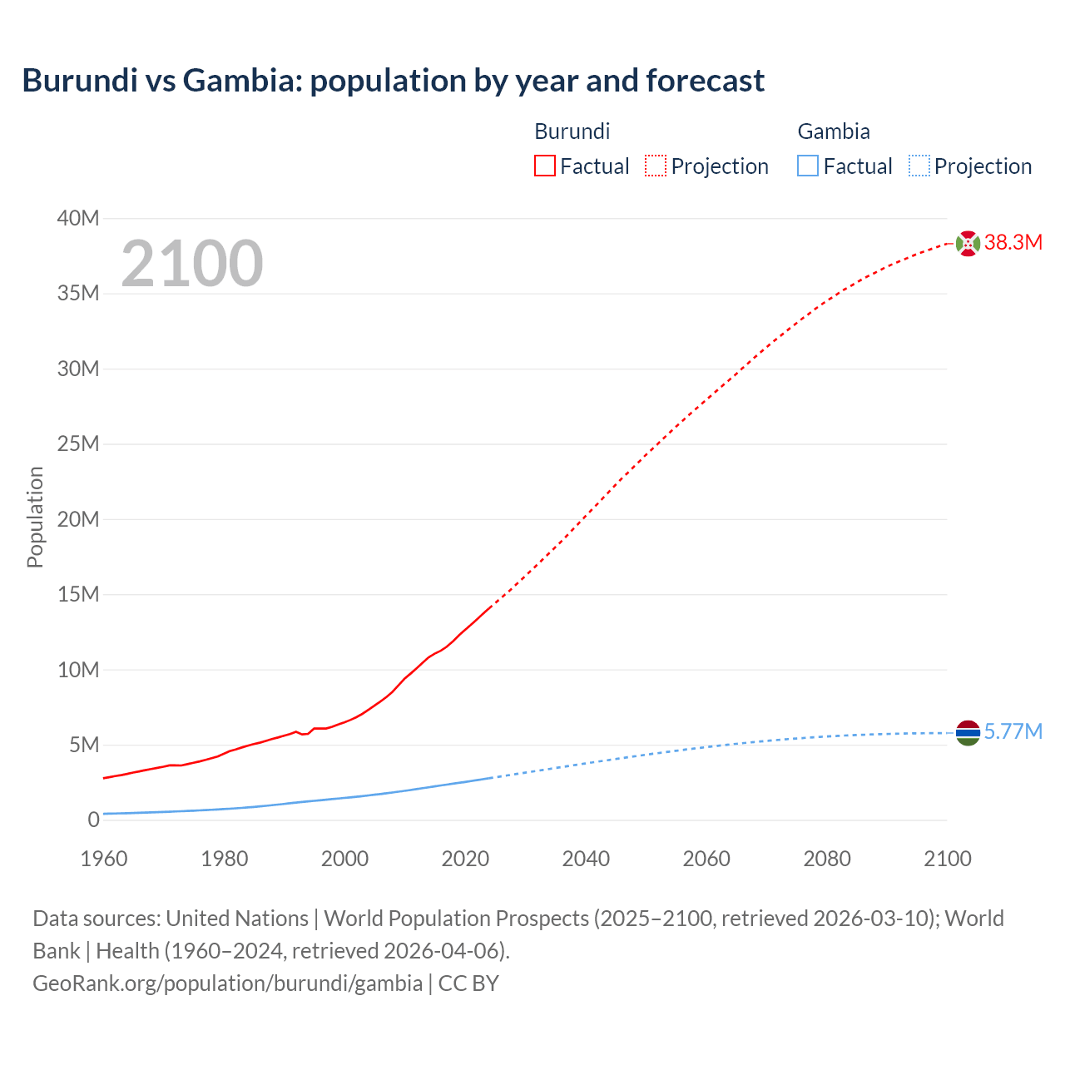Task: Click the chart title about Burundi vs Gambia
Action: pyautogui.click(x=393, y=81)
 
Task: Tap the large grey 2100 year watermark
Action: pyautogui.click(x=192, y=264)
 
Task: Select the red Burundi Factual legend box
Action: pyautogui.click(x=544, y=166)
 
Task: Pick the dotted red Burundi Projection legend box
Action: pyautogui.click(x=656, y=166)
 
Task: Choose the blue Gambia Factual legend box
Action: pyautogui.click(x=807, y=166)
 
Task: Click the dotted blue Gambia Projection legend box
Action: pyautogui.click(x=919, y=166)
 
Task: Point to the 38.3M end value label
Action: pyautogui.click(x=1013, y=242)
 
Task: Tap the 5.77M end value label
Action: pyautogui.click(x=1013, y=731)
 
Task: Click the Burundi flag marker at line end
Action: pyautogui.click(x=968, y=244)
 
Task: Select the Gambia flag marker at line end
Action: pyautogui.click(x=968, y=733)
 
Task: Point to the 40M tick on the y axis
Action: pyautogui.click(x=77, y=218)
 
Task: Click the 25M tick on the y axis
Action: pyautogui.click(x=77, y=443)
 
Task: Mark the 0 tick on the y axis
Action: pyautogui.click(x=93, y=820)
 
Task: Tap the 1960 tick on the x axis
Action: pyautogui.click(x=104, y=859)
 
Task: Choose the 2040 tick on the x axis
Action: pyautogui.click(x=586, y=859)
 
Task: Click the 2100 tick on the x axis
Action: pyautogui.click(x=947, y=859)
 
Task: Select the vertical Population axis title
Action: pyautogui.click(x=35, y=517)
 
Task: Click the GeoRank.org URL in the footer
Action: pyautogui.click(x=227, y=983)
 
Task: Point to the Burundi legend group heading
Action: pyautogui.click(x=572, y=131)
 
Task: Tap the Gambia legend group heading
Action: pyautogui.click(x=833, y=131)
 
